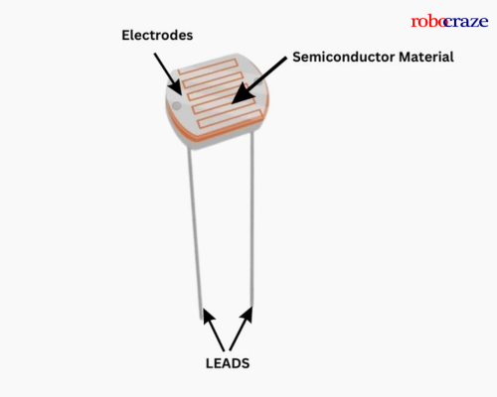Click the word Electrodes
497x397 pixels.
156,35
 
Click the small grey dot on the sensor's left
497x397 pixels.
176,103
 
